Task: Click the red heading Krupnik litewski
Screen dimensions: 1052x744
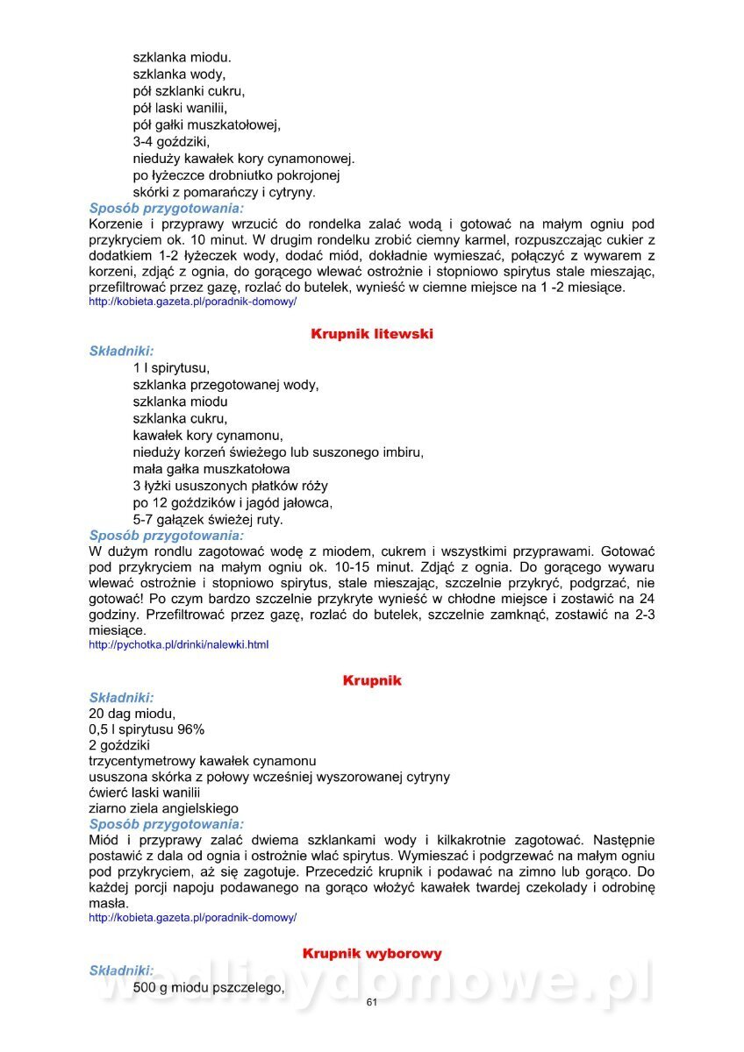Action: pyautogui.click(x=372, y=334)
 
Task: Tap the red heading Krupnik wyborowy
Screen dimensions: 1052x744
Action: pyautogui.click(x=372, y=953)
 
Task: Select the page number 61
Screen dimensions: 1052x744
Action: pyautogui.click(x=371, y=1003)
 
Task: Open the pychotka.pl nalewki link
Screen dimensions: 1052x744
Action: pyautogui.click(x=179, y=645)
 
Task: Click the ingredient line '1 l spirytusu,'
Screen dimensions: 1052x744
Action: pyautogui.click(x=171, y=368)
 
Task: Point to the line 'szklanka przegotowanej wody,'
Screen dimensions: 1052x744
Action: pyautogui.click(x=225, y=385)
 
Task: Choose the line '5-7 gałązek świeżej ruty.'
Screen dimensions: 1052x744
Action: pyautogui.click(x=208, y=519)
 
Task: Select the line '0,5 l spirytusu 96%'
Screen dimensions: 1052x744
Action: pyautogui.click(x=147, y=729)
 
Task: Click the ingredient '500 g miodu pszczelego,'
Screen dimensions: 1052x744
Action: pyautogui.click(x=209, y=988)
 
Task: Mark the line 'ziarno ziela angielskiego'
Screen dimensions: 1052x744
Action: pyautogui.click(x=163, y=808)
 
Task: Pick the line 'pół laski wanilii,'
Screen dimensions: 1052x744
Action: pyautogui.click(x=180, y=108)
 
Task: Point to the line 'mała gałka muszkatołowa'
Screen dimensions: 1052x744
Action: pyautogui.click(x=211, y=469)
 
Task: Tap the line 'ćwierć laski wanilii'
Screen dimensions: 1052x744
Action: pyautogui.click(x=145, y=793)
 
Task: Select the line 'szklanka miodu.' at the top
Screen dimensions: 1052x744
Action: pyautogui.click(x=182, y=58)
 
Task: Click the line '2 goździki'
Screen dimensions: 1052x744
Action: pyautogui.click(x=119, y=745)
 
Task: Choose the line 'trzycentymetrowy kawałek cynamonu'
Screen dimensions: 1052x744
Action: pyautogui.click(x=203, y=761)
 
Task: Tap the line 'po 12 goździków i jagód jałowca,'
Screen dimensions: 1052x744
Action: pyautogui.click(x=232, y=502)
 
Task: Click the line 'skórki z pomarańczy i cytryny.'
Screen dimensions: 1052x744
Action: pyautogui.click(x=224, y=192)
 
